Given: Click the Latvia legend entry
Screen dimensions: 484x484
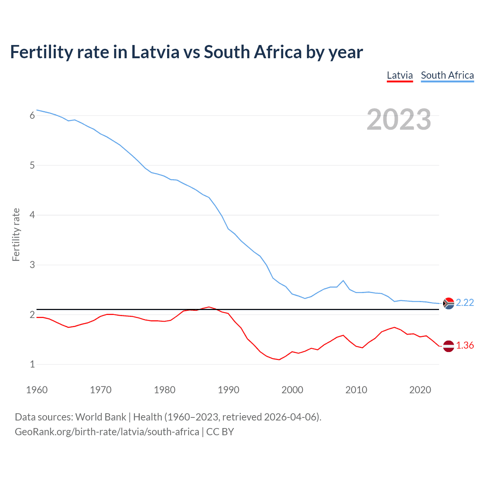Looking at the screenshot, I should [400, 75].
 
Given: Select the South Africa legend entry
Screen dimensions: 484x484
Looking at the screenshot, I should [447, 75].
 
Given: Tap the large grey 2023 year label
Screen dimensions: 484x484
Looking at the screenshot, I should [399, 119].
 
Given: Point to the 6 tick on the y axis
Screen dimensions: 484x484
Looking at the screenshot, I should [32, 115].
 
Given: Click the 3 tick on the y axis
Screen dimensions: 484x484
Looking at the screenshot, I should [32, 265].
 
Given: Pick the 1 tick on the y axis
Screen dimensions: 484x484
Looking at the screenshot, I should [32, 365].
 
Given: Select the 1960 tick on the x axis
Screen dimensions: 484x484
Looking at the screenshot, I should [37, 390].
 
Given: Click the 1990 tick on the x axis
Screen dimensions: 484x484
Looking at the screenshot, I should [228, 390].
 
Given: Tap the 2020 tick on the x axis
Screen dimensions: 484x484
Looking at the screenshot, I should [420, 390].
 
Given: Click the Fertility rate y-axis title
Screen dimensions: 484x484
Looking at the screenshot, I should [16, 234].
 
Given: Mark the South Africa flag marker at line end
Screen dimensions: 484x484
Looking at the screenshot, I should [448, 303].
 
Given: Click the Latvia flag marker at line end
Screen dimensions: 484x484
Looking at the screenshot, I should [448, 346].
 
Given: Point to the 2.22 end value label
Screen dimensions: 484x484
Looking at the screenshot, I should [465, 302].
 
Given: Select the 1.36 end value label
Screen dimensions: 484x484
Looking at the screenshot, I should [465, 345].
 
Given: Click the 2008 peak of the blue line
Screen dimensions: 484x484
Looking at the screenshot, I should [343, 281].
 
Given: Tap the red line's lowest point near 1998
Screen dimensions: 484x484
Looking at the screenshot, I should [279, 360].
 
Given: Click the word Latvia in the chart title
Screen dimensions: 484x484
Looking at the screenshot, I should [155, 52].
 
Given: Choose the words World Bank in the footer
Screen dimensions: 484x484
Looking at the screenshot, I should [101, 417].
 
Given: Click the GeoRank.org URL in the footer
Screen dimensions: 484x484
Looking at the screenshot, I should [107, 431].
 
